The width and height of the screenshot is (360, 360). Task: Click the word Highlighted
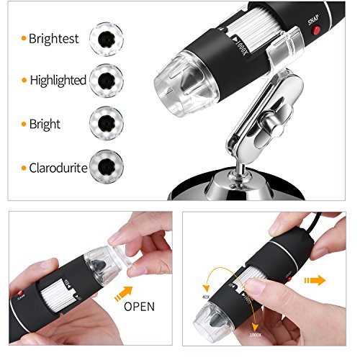57,80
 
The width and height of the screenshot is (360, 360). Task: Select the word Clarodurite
58,168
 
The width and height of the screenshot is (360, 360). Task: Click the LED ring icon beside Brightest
105,35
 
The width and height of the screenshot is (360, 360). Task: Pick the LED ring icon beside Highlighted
105,78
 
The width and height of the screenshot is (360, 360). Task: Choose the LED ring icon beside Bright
105,120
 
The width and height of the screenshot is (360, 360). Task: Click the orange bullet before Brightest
23,37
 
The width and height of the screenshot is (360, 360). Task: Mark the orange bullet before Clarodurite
23,169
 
